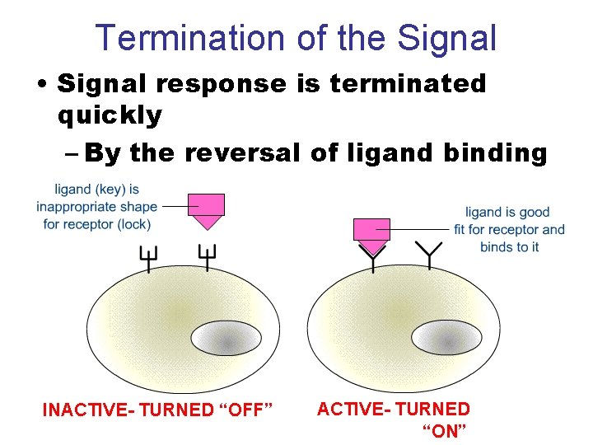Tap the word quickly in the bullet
pyautogui.click(x=110, y=115)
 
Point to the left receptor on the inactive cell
pyautogui.click(x=149, y=259)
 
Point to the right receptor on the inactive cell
pyautogui.click(x=206, y=259)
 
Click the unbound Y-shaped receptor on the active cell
pyautogui.click(x=428, y=256)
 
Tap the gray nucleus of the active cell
pyautogui.click(x=446, y=338)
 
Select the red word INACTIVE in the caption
pyautogui.click(x=86, y=410)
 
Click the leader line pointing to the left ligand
pyautogui.click(x=175, y=205)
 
